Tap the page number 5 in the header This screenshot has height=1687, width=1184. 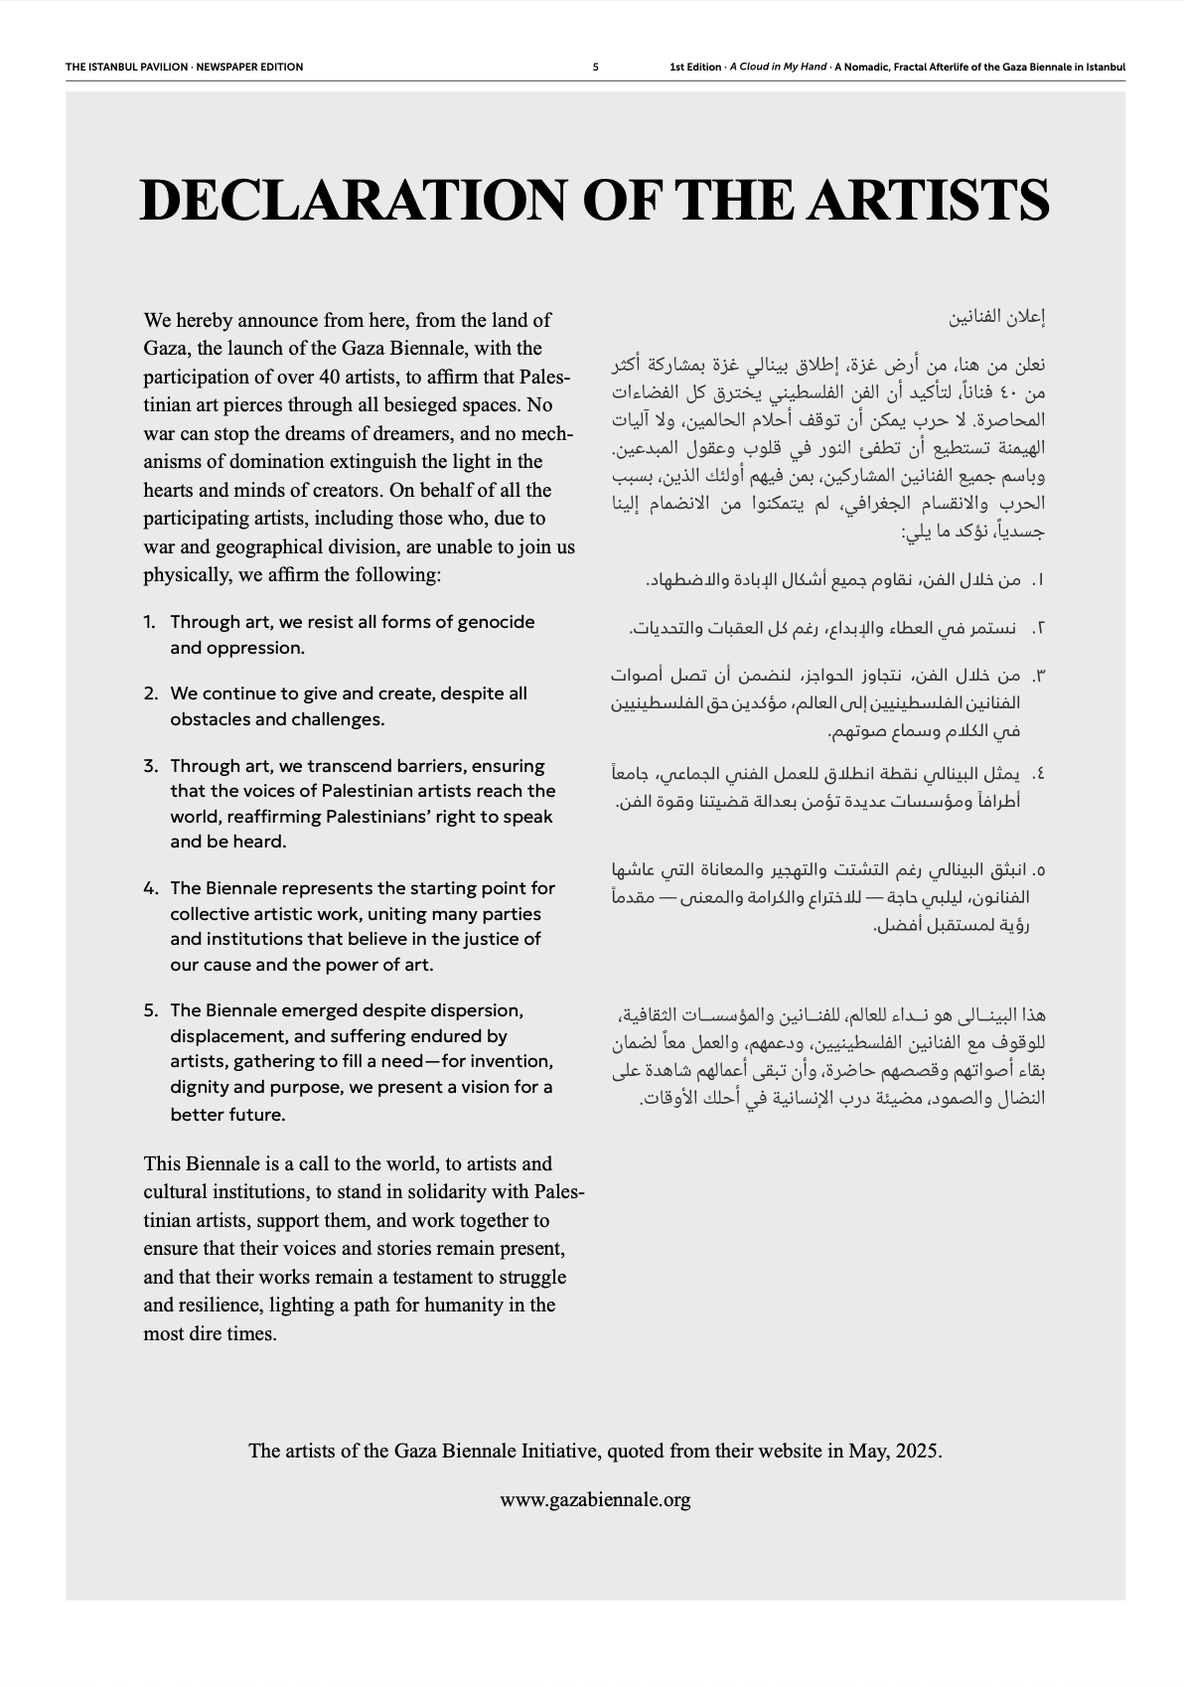[595, 68]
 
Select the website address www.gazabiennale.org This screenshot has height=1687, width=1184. [595, 1499]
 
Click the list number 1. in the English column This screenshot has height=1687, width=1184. [150, 622]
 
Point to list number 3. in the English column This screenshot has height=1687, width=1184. [150, 766]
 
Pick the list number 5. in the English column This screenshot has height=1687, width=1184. [150, 1010]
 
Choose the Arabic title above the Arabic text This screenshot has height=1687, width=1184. [997, 319]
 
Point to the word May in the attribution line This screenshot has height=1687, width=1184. [866, 1451]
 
